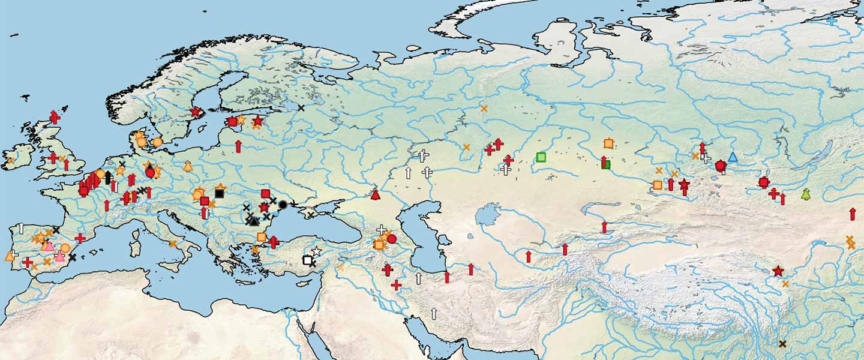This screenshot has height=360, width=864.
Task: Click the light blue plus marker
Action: click(832, 20)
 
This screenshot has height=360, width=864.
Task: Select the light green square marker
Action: click(541, 157)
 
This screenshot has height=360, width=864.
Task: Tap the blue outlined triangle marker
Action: click(733, 157)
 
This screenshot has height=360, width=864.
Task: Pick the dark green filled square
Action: click(606, 164)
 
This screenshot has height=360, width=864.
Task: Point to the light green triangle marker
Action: click(806, 194)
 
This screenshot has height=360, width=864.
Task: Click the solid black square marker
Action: click(219, 193)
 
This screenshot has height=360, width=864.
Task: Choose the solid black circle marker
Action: click(283, 204)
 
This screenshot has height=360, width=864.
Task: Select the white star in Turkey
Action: click(316, 251)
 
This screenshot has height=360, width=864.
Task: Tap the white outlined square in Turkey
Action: click(307, 260)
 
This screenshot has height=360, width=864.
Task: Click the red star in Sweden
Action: click(195, 111)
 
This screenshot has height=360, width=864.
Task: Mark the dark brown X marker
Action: click(782, 344)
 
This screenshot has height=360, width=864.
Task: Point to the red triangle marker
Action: click(376, 194)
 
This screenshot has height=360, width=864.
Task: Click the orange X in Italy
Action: click(173, 244)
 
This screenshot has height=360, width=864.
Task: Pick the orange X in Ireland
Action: click(10, 161)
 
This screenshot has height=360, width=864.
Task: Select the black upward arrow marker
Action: click(108, 177)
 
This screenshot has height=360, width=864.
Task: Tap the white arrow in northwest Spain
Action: click(21, 228)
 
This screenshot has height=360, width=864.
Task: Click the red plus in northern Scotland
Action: click(55, 117)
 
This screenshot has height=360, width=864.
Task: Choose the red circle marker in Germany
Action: click(150, 172)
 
